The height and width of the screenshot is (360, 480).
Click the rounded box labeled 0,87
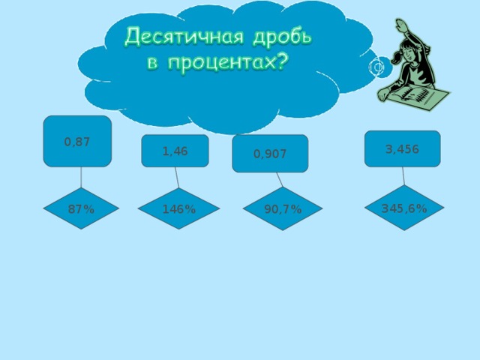coord(77,141)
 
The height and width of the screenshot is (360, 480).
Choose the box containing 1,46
coord(175,151)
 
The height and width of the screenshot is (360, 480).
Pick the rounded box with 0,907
coord(270,154)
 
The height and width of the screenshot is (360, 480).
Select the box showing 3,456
coord(402,148)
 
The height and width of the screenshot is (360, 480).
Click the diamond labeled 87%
coord(81,209)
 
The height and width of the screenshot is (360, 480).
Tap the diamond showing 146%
coord(178,209)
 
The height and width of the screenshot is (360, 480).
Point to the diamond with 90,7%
coord(283,209)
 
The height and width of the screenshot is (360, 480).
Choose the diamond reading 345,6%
coord(404,208)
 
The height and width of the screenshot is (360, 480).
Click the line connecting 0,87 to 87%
coord(80,177)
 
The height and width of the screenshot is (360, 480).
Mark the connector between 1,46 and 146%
coord(177,177)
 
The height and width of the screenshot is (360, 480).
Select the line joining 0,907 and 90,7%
coord(278,179)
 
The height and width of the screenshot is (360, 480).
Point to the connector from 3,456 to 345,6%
coord(403,175)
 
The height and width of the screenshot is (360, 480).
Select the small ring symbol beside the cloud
coord(377,67)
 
